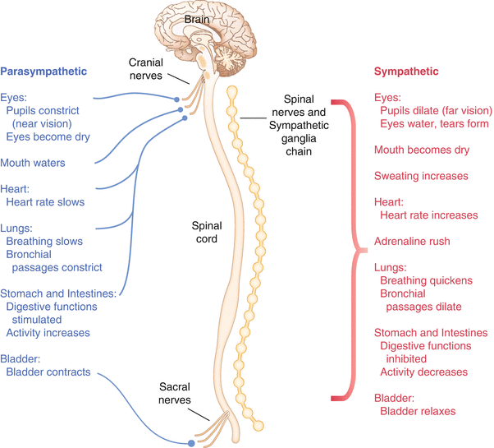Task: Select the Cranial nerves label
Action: (150, 68)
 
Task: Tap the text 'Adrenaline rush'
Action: (414, 242)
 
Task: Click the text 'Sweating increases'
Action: (420, 176)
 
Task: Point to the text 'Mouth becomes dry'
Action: (421, 150)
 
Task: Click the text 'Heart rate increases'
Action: (428, 215)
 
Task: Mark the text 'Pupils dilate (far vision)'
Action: (435, 110)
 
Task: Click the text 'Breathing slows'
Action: (45, 242)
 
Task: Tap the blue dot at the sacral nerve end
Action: (191, 443)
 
